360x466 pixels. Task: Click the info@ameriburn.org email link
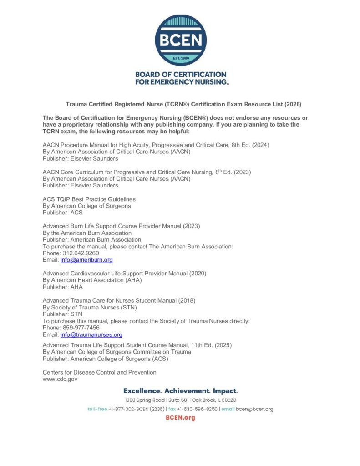pos(86,260)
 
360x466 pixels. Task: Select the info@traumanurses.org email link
pos(91,334)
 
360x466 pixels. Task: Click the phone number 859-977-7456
pos(84,328)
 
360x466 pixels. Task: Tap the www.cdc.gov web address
pos(60,379)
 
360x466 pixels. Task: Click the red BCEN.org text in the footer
pos(180,418)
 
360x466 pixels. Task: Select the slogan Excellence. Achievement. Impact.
pos(180,391)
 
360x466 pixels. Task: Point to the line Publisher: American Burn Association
pos(92,239)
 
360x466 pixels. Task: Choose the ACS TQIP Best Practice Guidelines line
pos(89,199)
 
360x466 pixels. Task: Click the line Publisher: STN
pos(62,314)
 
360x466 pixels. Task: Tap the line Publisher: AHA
pos(63,287)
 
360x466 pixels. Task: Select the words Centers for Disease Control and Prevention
pos(100,372)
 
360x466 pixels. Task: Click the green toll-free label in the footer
pos(97,409)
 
